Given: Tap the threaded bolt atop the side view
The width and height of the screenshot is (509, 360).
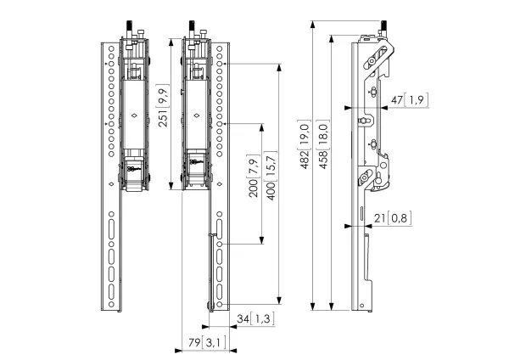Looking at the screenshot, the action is click(383, 27).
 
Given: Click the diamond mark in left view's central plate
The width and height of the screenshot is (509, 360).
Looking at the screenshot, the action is click(134, 115).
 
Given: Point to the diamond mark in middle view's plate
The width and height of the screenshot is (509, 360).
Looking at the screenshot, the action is click(196, 115).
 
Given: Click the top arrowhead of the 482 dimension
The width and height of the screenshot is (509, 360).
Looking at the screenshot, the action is click(312, 25).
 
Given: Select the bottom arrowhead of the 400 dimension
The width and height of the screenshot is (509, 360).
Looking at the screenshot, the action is click(279, 301).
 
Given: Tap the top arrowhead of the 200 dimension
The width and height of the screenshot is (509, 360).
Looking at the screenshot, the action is click(261, 127).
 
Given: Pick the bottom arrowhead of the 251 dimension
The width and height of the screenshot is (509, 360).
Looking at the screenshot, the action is click(171, 186).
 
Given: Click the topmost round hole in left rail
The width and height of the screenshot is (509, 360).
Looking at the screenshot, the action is click(111, 49).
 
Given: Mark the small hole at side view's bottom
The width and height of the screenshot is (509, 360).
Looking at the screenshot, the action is click(361, 306).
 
